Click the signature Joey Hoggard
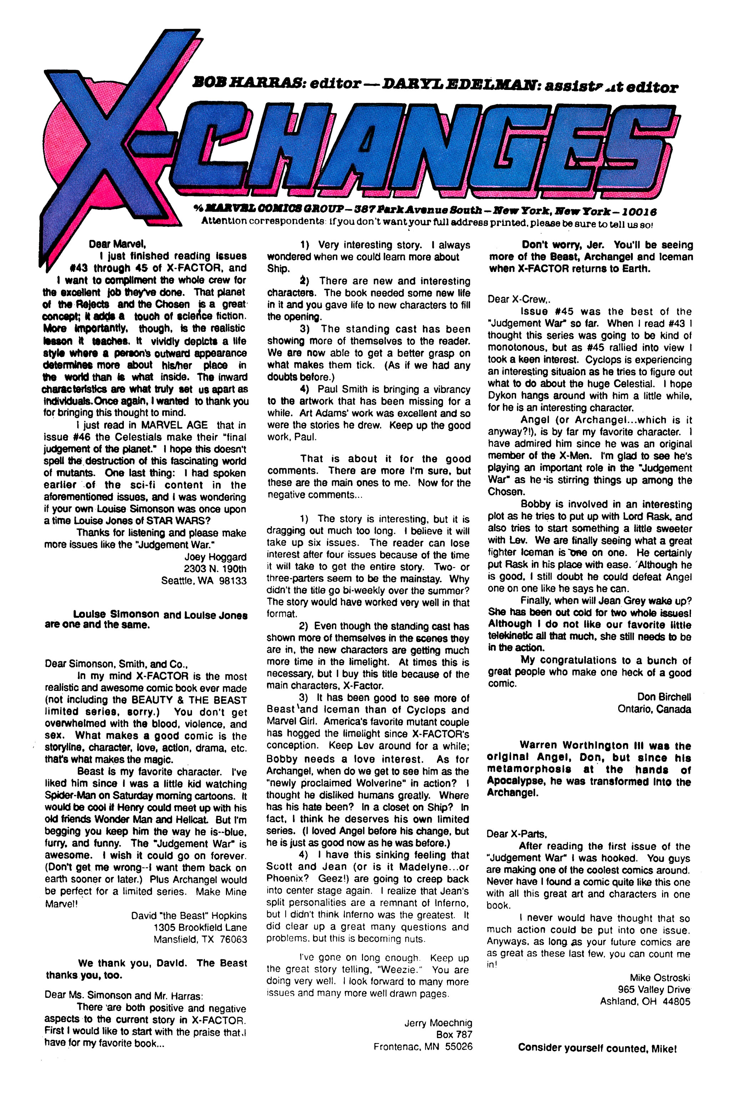(215, 557)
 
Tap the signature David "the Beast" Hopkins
(189, 915)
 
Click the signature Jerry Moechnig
(438, 1023)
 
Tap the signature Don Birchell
(664, 697)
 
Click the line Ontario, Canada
(654, 709)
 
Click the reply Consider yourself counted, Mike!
(597, 1048)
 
